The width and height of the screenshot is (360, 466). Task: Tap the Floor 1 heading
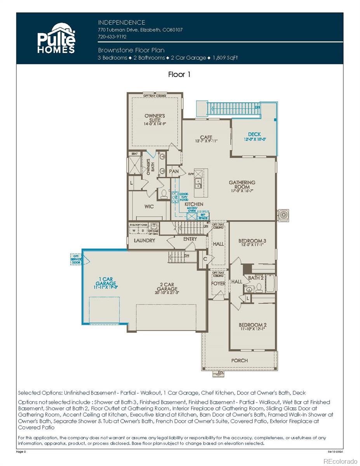(x=179, y=74)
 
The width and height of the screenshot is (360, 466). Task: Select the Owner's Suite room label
(x=155, y=118)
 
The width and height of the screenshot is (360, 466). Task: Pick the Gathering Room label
(x=242, y=185)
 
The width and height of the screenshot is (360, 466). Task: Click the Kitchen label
(x=194, y=204)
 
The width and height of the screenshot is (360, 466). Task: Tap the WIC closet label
(x=149, y=207)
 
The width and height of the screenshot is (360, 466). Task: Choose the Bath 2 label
(x=256, y=278)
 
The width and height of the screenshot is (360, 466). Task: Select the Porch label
(x=239, y=360)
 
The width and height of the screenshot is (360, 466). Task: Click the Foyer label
(x=218, y=283)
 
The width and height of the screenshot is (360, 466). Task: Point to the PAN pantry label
(x=174, y=171)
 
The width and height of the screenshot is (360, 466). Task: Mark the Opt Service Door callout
(x=76, y=259)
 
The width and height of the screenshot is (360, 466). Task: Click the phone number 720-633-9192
(x=112, y=37)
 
